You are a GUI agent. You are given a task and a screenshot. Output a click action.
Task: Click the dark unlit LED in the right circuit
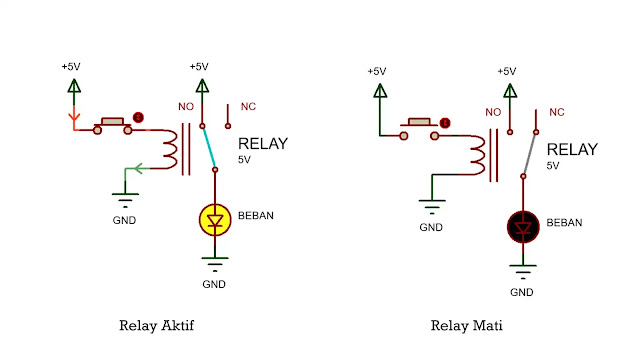522,226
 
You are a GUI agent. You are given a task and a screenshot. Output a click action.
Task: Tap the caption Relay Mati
466,325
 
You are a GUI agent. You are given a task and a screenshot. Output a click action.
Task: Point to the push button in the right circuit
421,128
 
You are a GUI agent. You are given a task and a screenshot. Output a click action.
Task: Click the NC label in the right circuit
557,111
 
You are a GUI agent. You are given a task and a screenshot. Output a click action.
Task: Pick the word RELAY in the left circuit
262,143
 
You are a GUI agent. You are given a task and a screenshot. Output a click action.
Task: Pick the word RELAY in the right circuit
573,149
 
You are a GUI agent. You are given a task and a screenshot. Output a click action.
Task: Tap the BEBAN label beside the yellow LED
256,216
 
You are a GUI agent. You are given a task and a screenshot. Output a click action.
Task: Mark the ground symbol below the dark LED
522,269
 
